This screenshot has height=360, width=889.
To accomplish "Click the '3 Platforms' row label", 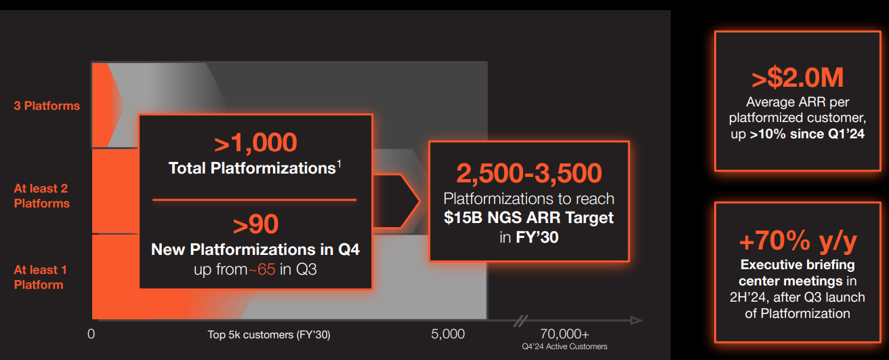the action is coord(47,106).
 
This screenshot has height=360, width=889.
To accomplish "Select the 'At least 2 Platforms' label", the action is coord(42,196).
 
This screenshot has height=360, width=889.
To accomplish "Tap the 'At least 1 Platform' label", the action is coord(40,277).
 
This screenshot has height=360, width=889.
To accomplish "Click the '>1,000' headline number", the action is coord(255,142).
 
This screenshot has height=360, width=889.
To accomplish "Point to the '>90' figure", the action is coord(255,224).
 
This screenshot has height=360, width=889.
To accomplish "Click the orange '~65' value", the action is coord(262,270).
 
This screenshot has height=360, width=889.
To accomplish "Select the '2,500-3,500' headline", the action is coord(529,173).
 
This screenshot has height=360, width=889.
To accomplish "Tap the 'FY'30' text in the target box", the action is coord(537,237).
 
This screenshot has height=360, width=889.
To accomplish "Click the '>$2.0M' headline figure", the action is coord(798,77).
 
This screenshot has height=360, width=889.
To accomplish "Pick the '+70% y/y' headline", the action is coord(798,241).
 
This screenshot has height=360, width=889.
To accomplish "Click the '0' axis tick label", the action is coord(91,334).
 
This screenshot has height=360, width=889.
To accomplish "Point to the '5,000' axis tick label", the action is coord(448,334).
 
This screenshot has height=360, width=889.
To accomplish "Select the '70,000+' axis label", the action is coord(564,334).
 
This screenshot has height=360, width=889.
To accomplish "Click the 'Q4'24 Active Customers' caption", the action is coord(564,346).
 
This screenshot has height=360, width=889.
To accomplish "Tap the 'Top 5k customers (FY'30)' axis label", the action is coord(269,335).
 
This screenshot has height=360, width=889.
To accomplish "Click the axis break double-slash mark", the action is coord(520,321).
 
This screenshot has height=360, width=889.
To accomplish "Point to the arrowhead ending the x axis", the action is coord(636,320).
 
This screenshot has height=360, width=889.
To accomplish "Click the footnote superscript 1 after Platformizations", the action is coord(339,164).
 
